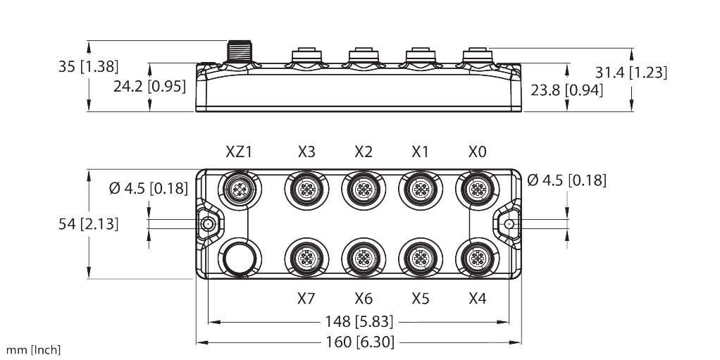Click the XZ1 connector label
pos(239,152)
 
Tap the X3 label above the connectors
pos(306,152)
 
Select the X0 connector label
pos(477,152)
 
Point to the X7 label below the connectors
pos(306,299)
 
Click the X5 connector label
pos(421,299)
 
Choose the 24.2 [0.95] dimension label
pos(151,86)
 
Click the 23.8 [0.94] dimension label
pos(568,89)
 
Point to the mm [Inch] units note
pos(34,349)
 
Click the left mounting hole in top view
pos(208,224)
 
